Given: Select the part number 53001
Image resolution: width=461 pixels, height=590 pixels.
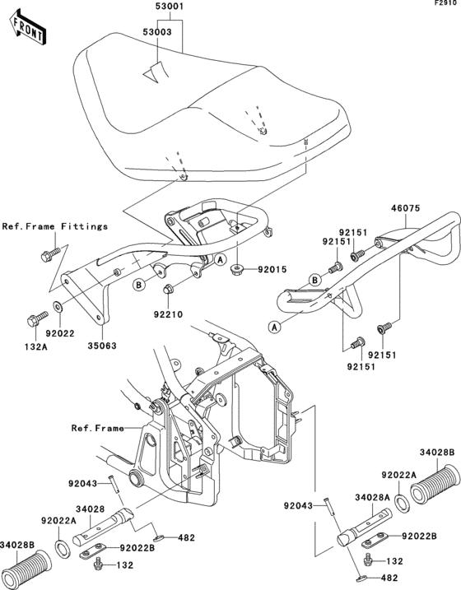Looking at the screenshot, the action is [170, 7].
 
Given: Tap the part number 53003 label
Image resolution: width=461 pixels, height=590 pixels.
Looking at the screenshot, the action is [157, 32].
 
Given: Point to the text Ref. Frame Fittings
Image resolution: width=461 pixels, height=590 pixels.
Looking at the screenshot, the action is [55, 226].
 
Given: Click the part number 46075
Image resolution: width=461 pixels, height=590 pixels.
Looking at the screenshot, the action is [405, 208].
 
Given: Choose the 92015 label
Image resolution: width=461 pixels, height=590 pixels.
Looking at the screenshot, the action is [272, 269].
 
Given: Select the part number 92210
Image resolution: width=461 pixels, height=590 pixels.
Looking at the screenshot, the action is [168, 314].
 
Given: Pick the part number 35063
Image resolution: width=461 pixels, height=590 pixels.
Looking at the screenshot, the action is [102, 346].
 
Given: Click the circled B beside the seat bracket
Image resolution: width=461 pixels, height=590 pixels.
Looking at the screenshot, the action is [139, 286].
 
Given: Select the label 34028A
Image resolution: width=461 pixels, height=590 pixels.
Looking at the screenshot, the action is [372, 498].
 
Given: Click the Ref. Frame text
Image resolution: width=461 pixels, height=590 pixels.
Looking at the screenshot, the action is [98, 428].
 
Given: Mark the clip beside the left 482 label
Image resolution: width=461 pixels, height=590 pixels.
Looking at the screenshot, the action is [159, 538].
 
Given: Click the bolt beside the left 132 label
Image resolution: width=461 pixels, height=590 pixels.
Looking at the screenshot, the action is [99, 564].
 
